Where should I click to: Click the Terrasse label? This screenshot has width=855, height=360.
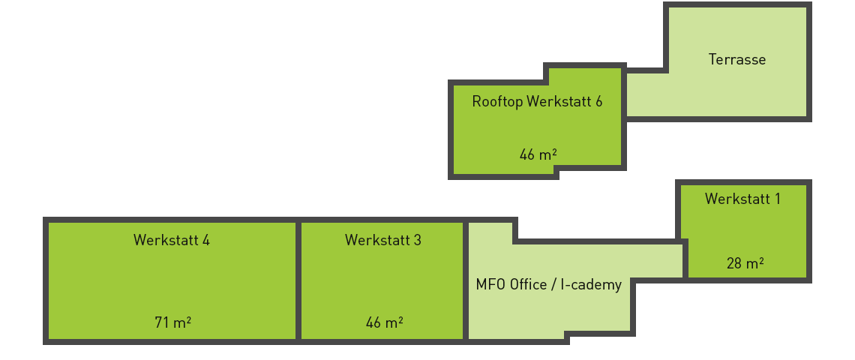pyautogui.click(x=737, y=60)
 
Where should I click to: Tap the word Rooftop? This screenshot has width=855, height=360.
pyautogui.click(x=497, y=101)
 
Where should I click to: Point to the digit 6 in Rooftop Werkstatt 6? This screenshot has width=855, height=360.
pyautogui.click(x=598, y=101)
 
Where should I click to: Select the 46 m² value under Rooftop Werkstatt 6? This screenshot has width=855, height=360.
pyautogui.click(x=538, y=155)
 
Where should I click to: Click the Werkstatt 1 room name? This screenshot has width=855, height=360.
pyautogui.click(x=742, y=199)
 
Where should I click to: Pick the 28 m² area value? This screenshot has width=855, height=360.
pyautogui.click(x=745, y=263)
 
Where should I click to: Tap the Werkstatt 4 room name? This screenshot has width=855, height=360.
pyautogui.click(x=172, y=240)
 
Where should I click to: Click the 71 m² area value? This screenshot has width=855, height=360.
pyautogui.click(x=172, y=322)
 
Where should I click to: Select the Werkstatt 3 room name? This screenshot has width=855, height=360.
pyautogui.click(x=382, y=240)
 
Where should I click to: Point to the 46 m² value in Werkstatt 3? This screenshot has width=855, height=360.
pyautogui.click(x=384, y=322)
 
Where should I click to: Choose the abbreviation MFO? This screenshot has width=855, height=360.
pyautogui.click(x=490, y=285)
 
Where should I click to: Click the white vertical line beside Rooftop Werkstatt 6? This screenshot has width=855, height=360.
pyautogui.click(x=447, y=130)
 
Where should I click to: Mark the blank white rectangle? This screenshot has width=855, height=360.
pyautogui.click(x=187, y=129)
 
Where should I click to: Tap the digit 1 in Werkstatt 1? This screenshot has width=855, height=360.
pyautogui.click(x=777, y=199)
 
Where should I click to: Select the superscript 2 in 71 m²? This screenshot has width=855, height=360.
pyautogui.click(x=188, y=319)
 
